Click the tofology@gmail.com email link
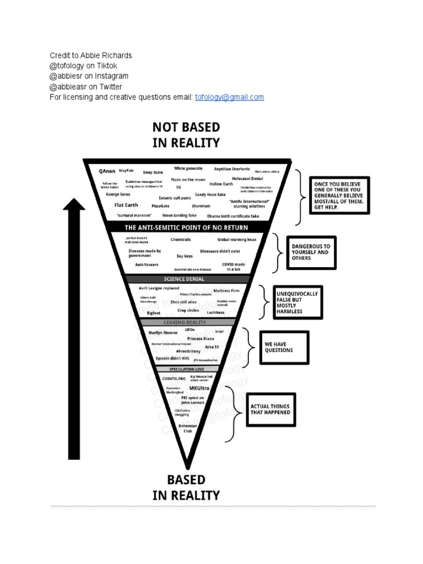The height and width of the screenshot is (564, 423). pos(230,97)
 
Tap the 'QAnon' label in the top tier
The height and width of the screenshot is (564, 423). pos(107,172)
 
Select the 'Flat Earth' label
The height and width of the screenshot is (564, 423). pos(126,205)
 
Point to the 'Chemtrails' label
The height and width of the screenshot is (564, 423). pos(181,240)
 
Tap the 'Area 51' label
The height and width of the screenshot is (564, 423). pos(212,348)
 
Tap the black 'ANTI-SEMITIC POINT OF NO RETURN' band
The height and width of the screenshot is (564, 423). pos(186,227)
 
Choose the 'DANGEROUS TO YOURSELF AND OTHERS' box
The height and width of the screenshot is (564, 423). pos(311,252)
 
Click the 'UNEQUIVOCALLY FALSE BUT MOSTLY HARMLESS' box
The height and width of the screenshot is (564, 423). pos(298,302)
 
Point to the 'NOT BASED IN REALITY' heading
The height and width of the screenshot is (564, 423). pos(186,135)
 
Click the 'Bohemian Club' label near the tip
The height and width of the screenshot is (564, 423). pos(188,428)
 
